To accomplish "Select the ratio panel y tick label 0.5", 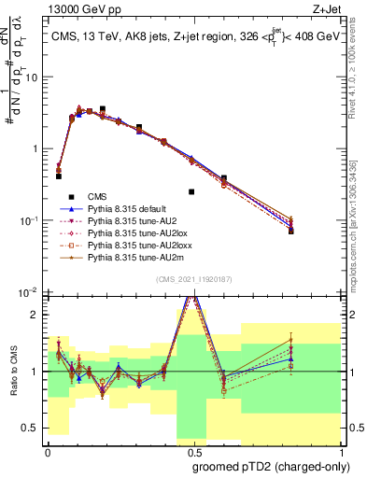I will pyautogui.click(x=32, y=429).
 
